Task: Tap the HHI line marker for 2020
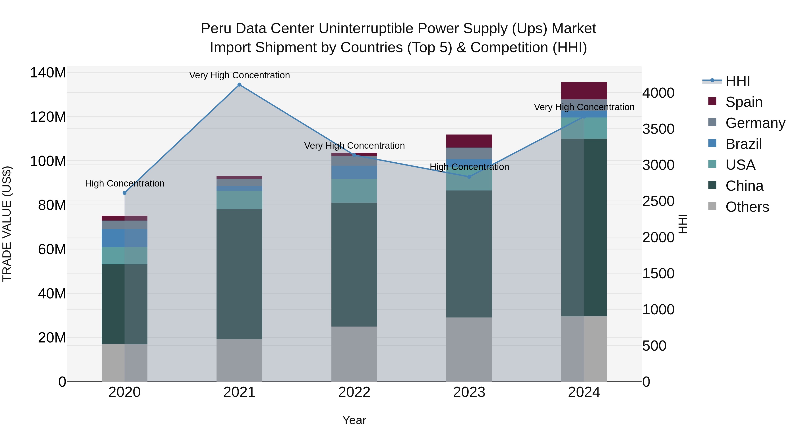click(x=124, y=193)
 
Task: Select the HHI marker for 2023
click(x=469, y=177)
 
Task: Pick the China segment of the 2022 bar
click(x=354, y=264)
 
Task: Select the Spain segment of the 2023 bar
click(x=469, y=141)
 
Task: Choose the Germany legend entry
click(x=755, y=123)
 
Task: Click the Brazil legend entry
click(x=743, y=144)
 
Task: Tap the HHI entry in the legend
click(x=738, y=81)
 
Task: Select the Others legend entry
click(x=747, y=207)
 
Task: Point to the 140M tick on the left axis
click(x=48, y=73)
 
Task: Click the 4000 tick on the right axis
click(x=658, y=93)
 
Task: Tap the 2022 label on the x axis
click(x=354, y=392)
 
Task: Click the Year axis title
click(x=354, y=420)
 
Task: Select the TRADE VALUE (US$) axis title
click(x=7, y=224)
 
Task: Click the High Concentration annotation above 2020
click(x=124, y=183)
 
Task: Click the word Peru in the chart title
click(x=215, y=29)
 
